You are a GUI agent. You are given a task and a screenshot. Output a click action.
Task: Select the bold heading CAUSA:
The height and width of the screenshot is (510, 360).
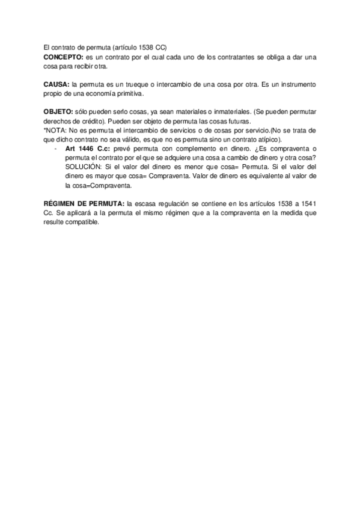(56, 85)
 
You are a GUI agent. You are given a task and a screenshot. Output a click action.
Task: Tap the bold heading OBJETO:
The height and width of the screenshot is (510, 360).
(58, 112)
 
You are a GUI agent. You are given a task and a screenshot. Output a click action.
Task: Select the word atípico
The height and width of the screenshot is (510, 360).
(258, 140)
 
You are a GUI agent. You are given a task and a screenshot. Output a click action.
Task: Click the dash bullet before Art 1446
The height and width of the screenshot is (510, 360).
(55, 149)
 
